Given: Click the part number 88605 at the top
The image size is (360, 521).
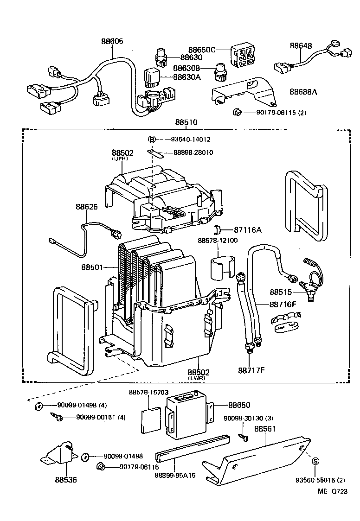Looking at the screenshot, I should pos(112,41).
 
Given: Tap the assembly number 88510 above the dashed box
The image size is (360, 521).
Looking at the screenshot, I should pos(186,122).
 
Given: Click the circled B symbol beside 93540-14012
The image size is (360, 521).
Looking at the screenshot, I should pos(151,139).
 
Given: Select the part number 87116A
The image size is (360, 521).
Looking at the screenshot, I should pos(248,229).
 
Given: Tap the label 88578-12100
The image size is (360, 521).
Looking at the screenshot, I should pos(218,241).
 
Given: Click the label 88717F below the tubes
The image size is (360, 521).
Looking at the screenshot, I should pos(251,370).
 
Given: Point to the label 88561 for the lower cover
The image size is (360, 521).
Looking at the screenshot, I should pos(265,429).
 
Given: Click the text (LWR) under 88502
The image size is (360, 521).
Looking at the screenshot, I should pos(199,378).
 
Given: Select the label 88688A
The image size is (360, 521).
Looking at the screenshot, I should pos(303,92).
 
